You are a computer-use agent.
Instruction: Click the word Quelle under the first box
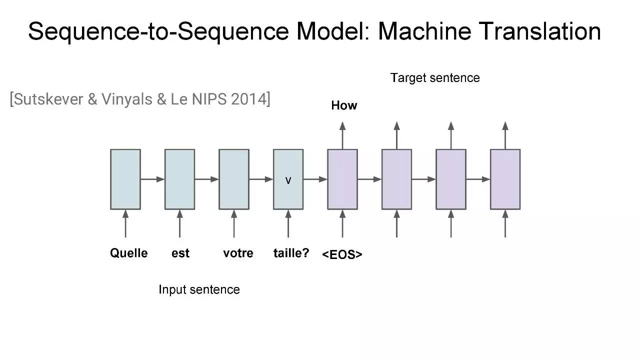tap(129, 253)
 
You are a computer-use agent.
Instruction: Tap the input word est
tap(180, 253)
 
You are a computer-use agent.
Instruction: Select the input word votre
tap(238, 253)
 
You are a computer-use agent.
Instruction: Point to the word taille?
tap(291, 253)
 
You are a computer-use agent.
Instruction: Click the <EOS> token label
tap(342, 254)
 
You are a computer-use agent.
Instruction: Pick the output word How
tap(344, 105)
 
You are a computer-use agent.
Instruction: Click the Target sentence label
tap(435, 78)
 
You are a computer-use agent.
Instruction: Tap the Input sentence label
tap(199, 289)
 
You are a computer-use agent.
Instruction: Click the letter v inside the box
tap(288, 180)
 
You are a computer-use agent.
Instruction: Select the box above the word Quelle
tap(125, 179)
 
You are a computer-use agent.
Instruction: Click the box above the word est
tap(179, 179)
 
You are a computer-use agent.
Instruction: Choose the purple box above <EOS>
tap(342, 179)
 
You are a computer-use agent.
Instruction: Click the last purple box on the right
tap(505, 179)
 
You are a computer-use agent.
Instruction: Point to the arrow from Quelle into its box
tap(125, 223)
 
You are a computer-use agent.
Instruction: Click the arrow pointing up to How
tap(342, 135)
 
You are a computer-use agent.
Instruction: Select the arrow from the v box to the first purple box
tap(315, 179)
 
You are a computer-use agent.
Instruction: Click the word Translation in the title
tap(539, 31)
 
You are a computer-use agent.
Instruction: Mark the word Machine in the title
tap(424, 31)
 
